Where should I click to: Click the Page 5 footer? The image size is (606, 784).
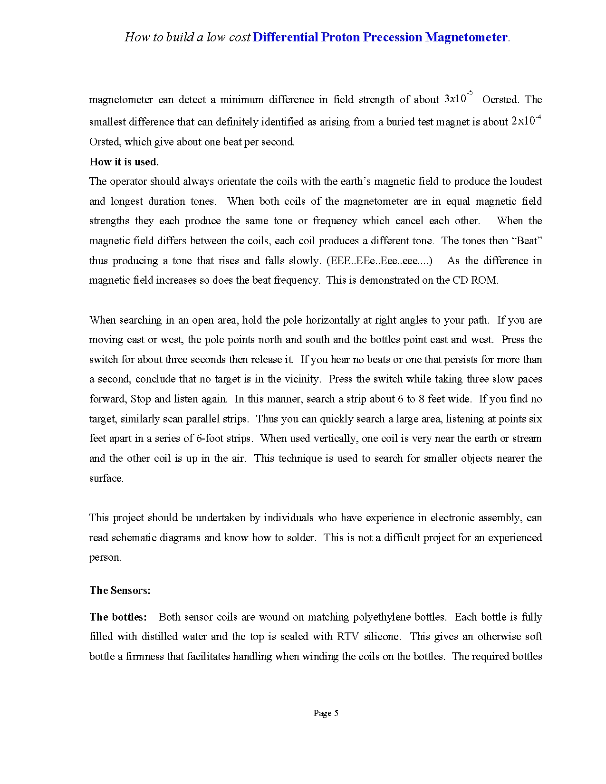pos(326,713)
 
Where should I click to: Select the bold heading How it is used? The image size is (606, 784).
pos(124,162)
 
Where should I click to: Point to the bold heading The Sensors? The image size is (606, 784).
pos(120,590)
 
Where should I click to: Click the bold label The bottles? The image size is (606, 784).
pos(118,617)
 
